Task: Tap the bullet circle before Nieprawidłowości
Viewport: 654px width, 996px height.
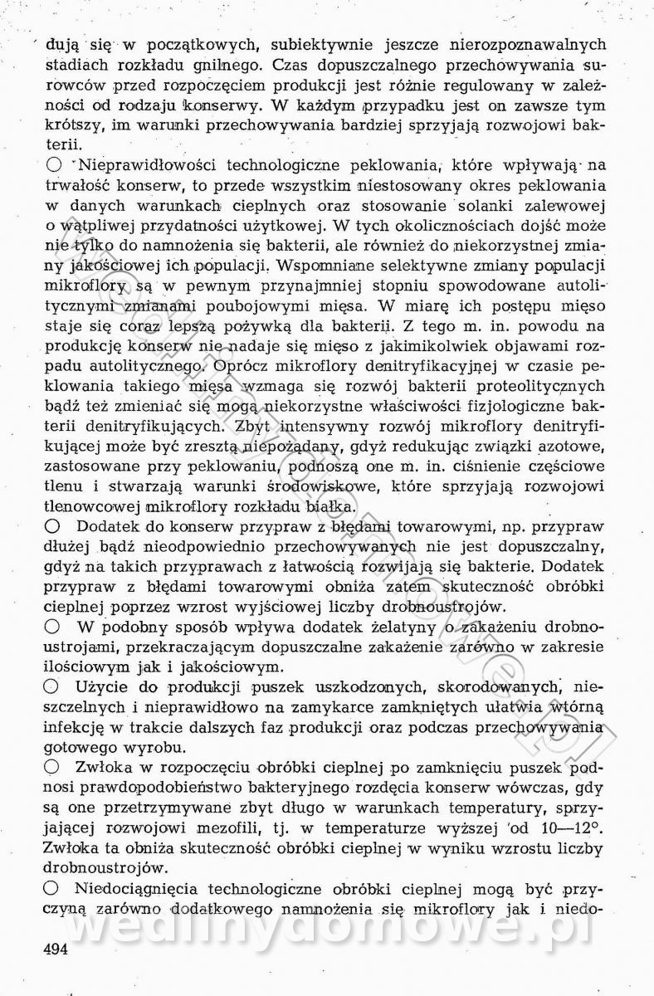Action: [x=53, y=166]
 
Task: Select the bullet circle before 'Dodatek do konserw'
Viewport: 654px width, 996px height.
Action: [x=52, y=526]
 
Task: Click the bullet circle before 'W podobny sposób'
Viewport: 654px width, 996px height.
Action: [x=52, y=627]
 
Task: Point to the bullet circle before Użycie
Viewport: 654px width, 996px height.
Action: [x=52, y=686]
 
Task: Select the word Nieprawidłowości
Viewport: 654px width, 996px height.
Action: [x=151, y=165]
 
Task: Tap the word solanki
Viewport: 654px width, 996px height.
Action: [x=493, y=205]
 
